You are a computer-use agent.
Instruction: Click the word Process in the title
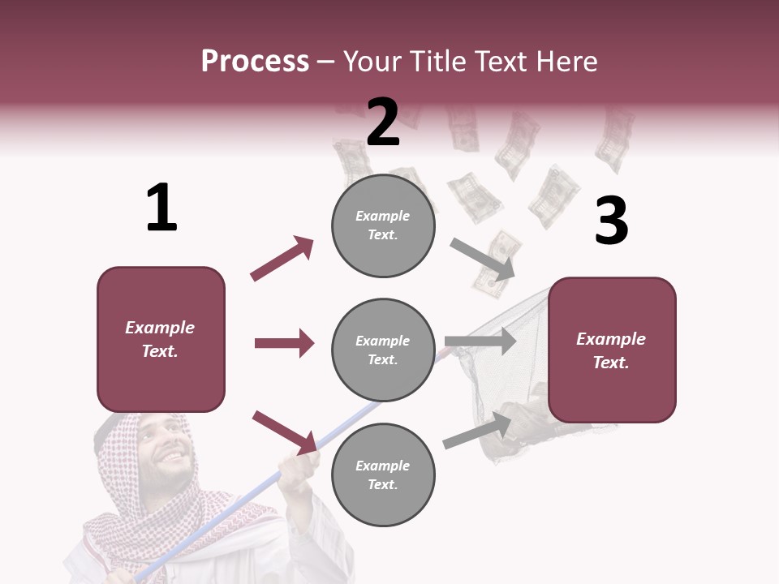255,62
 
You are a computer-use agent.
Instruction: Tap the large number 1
161,208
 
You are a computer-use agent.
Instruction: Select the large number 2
383,122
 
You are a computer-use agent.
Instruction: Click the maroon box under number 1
161,339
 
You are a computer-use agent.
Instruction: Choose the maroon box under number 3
612,350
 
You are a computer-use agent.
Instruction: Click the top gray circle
383,225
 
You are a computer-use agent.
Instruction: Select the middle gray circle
383,350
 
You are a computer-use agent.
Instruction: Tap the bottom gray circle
383,474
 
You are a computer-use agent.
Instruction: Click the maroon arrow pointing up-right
282,259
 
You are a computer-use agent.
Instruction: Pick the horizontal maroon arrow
284,343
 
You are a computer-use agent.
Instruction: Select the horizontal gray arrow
480,341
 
